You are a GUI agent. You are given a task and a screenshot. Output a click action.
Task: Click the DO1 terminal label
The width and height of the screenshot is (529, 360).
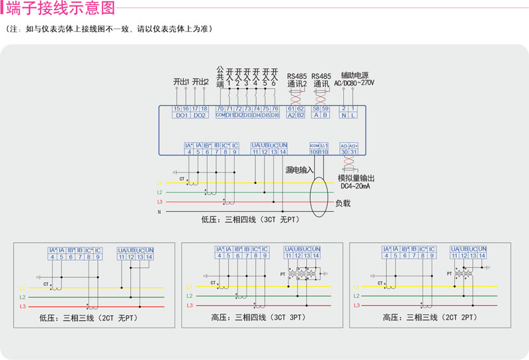tap(181, 115)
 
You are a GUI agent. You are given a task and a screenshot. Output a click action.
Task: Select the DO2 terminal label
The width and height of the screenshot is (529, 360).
tap(200, 115)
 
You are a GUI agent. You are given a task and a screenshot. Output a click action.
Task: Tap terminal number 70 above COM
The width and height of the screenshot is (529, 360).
tap(220, 108)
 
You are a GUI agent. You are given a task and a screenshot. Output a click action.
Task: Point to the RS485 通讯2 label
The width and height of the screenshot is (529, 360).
tap(296, 80)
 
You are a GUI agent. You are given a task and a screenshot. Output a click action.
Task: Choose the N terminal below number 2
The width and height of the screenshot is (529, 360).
tap(344, 115)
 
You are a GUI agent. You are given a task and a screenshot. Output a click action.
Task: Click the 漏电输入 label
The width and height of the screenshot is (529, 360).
tap(300, 170)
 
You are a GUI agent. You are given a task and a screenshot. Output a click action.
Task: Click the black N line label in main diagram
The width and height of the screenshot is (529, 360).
tap(159, 212)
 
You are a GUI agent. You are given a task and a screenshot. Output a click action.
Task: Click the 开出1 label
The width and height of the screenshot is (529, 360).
tap(181, 81)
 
